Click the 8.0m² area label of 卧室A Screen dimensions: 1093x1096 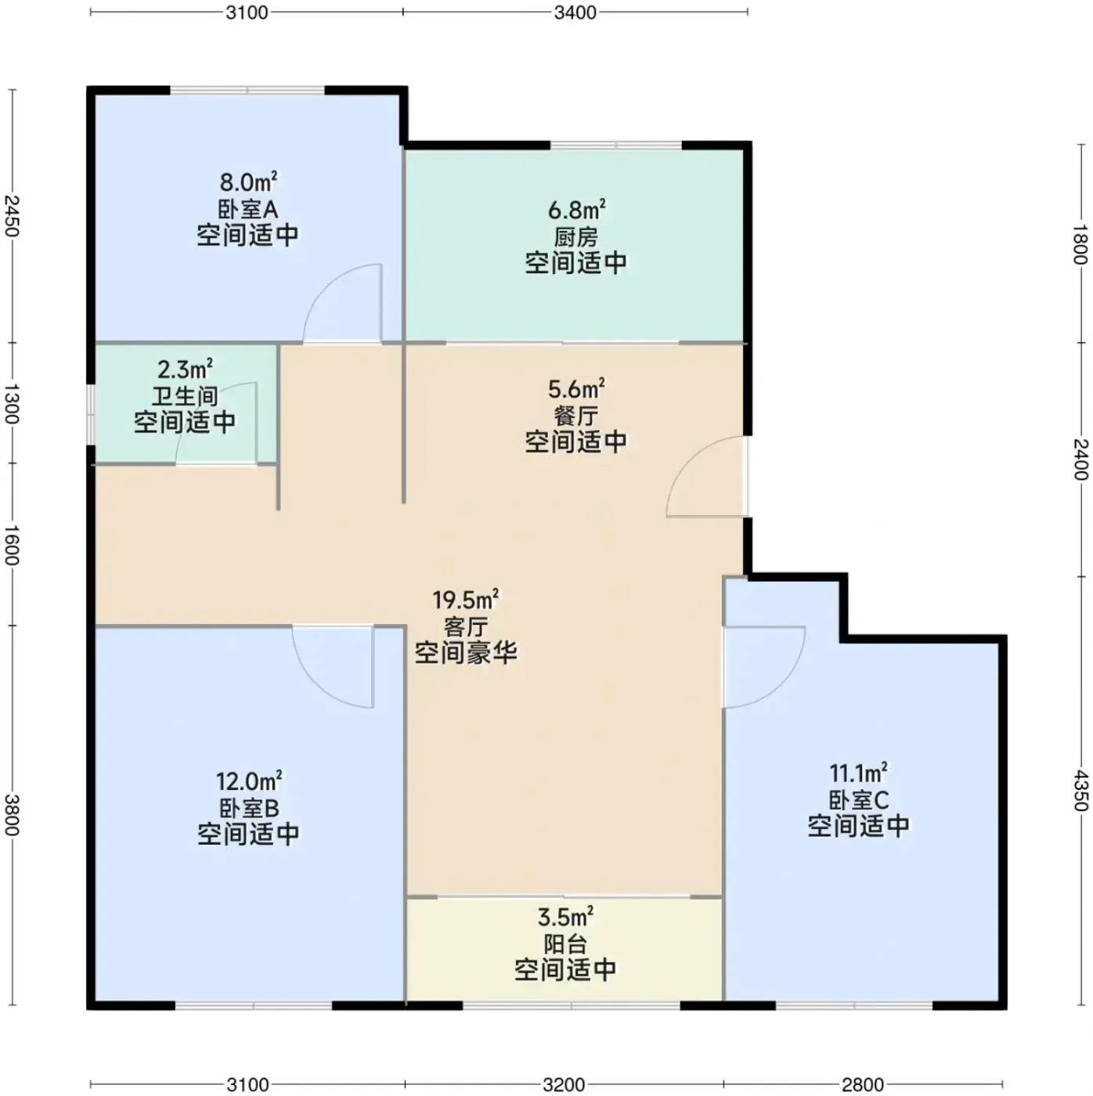click(249, 182)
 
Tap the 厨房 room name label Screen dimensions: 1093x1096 click(575, 236)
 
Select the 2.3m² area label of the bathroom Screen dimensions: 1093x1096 click(185, 370)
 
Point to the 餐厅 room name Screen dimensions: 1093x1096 click(575, 416)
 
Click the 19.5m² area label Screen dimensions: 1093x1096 click(465, 600)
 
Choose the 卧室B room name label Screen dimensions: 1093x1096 click(249, 808)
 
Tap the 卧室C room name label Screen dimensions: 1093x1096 click(858, 800)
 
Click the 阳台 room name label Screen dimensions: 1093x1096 click(565, 944)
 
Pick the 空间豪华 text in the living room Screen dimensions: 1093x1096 click(466, 652)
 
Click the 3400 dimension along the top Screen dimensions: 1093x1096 click(575, 13)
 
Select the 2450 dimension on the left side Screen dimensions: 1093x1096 click(12, 216)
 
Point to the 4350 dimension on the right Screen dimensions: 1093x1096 click(1080, 791)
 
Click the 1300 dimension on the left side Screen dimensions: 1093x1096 click(12, 404)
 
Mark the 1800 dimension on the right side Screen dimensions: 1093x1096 click(1080, 244)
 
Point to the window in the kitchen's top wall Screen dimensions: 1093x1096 click(615, 146)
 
